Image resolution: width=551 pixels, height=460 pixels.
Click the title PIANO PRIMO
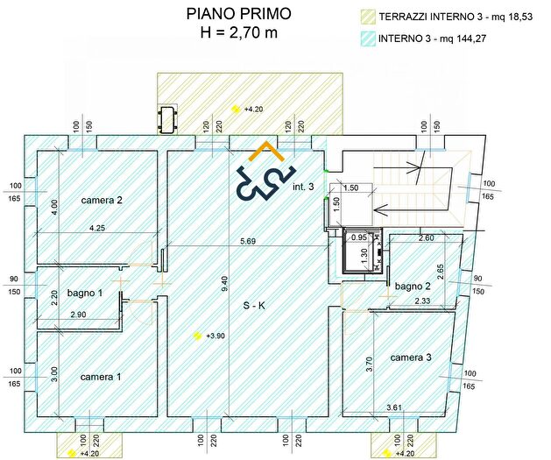(x=237, y=14)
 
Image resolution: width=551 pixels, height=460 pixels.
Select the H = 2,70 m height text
(x=237, y=32)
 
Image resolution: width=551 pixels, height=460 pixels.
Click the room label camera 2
(x=102, y=201)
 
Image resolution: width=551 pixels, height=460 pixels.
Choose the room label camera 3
(x=411, y=357)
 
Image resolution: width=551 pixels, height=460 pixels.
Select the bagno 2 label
(x=412, y=287)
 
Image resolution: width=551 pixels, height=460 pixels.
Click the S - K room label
(x=255, y=306)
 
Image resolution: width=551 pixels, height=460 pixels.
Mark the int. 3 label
(x=303, y=186)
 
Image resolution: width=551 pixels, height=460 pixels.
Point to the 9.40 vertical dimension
(x=224, y=283)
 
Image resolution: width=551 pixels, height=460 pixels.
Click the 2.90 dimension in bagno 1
(x=79, y=314)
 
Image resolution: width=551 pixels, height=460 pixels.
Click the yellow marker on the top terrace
(x=236, y=109)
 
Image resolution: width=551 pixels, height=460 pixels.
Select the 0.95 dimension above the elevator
(x=357, y=237)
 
